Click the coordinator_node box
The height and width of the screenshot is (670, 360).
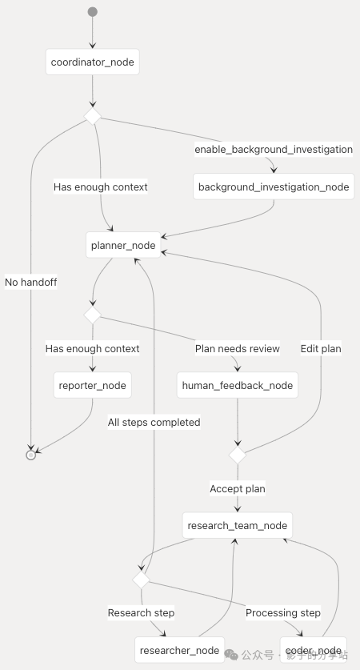pos(93,62)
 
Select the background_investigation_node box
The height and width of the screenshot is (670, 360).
pos(274,187)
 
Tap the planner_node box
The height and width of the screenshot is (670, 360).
pos(122,245)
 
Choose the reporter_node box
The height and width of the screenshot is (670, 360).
pos(93,385)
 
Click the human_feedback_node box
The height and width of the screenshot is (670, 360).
pos(238,385)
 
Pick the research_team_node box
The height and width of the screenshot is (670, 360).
pos(237,526)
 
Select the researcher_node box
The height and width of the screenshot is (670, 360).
pos(178,650)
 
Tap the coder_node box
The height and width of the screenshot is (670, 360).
pos(314,650)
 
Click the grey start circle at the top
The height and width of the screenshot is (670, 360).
pos(93,12)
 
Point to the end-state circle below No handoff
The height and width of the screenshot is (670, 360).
pos(31,455)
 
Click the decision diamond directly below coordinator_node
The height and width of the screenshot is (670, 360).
pos(93,117)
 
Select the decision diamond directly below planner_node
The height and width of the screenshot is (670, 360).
pos(93,315)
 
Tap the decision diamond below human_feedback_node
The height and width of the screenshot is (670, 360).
pos(238,455)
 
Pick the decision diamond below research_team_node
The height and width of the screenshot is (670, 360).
pos(141,579)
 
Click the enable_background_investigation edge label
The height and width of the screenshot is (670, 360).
pos(274,150)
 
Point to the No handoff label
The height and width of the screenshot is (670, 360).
pos(31,282)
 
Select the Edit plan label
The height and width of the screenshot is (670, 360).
pos(321,348)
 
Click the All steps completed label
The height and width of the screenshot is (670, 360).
pos(154,422)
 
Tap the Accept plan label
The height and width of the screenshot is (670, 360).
pos(238,488)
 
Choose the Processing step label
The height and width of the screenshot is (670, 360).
pos(283,612)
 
